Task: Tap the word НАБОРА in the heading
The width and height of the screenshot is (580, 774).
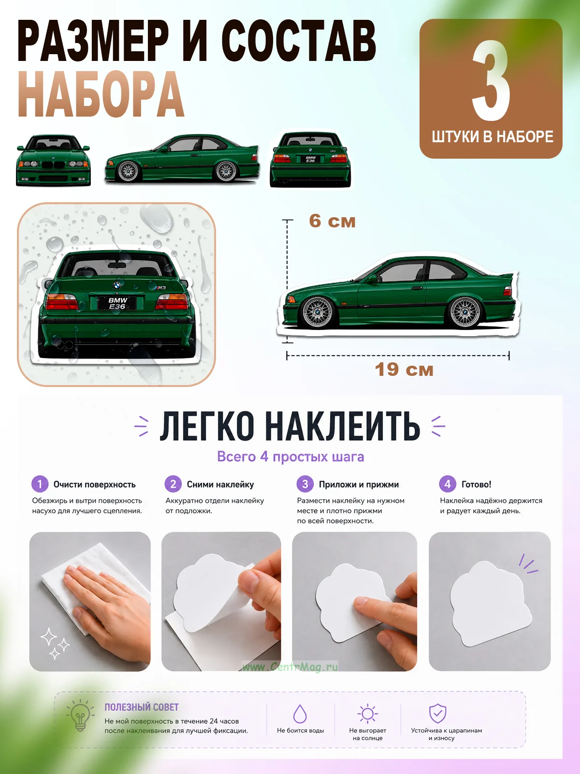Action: (101, 94)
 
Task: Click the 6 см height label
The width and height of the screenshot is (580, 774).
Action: (332, 221)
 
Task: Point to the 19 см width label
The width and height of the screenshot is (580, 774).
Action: (404, 370)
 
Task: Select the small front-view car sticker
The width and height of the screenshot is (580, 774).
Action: (54, 160)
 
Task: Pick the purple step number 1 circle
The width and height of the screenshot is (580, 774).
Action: (40, 484)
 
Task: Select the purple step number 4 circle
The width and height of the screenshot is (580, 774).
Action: (447, 484)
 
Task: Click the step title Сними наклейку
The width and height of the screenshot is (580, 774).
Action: (220, 485)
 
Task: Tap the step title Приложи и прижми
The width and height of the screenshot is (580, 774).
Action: (359, 485)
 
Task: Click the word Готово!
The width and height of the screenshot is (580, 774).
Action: (476, 484)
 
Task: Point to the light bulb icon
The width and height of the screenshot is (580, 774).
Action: (80, 715)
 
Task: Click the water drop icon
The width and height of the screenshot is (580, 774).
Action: (300, 714)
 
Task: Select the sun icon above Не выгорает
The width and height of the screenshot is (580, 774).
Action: (368, 714)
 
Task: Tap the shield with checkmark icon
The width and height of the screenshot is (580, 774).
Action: (437, 714)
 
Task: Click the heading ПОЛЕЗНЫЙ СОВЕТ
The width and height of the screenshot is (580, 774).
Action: (142, 707)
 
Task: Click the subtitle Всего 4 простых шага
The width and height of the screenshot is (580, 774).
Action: (290, 457)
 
